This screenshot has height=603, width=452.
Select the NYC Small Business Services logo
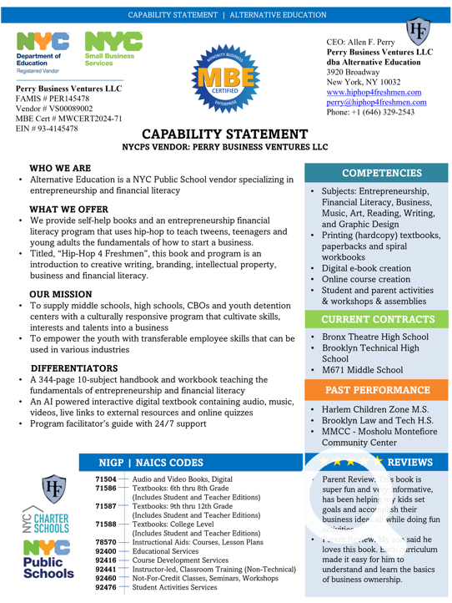coord(108,49)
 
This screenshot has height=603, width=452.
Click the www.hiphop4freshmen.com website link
coord(374,93)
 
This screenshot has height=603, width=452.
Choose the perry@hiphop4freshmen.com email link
coord(376,103)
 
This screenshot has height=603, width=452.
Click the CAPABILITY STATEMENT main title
coord(225,134)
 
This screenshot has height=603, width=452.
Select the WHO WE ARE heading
coord(60,169)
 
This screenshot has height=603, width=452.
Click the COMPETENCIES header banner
coord(376,174)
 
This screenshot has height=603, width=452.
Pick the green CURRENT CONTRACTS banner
coord(376,320)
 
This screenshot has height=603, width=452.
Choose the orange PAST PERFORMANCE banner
coord(376,390)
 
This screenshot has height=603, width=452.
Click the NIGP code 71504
coord(106,479)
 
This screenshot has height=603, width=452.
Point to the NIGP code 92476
coord(106,588)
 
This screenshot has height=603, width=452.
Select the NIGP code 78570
coord(106,542)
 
